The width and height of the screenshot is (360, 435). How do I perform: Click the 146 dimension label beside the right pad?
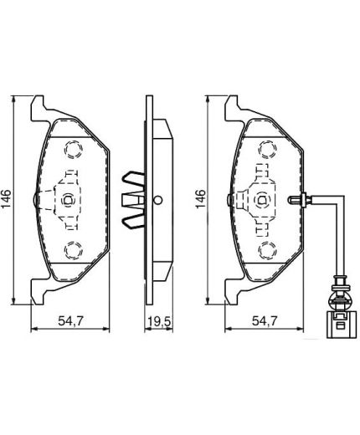201,199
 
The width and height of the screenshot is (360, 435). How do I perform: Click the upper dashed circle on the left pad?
72,150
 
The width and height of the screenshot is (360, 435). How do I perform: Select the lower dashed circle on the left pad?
72,249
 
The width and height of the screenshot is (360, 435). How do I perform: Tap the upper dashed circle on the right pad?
265,150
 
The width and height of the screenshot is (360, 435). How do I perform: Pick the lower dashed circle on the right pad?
265,249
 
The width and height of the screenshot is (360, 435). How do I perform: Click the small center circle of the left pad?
68,199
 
